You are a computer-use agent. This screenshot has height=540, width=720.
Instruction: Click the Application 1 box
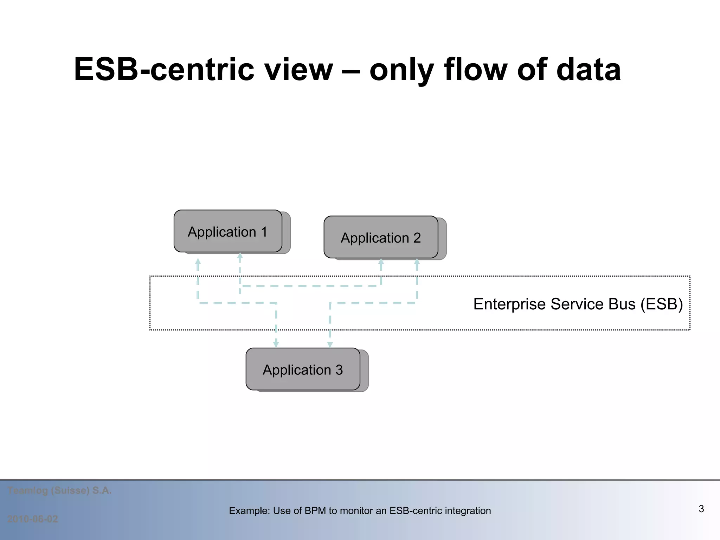tap(228, 231)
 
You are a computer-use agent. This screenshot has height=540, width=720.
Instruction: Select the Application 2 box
tap(381, 237)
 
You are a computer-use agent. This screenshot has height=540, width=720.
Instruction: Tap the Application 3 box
tap(303, 369)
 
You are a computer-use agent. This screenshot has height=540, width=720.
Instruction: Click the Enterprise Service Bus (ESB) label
tap(578, 304)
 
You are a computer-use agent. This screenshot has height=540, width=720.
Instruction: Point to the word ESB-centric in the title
tap(164, 69)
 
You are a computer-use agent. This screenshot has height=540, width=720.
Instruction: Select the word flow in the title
tap(475, 69)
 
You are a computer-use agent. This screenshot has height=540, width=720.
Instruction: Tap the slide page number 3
tap(701, 509)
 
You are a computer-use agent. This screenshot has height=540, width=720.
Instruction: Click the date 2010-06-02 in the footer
tap(33, 519)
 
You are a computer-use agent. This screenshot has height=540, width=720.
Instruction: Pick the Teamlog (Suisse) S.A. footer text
tap(59, 490)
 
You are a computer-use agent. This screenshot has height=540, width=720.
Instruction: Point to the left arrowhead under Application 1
tap(198, 262)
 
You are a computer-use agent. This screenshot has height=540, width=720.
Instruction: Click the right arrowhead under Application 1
tap(240, 256)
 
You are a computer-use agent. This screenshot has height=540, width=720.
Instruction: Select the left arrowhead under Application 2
tap(381, 262)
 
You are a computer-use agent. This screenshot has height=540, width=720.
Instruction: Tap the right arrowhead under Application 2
tap(417, 262)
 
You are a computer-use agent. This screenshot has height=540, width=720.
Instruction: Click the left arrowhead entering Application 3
tap(276, 344)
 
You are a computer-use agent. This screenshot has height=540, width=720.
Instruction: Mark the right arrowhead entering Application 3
tap(330, 344)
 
